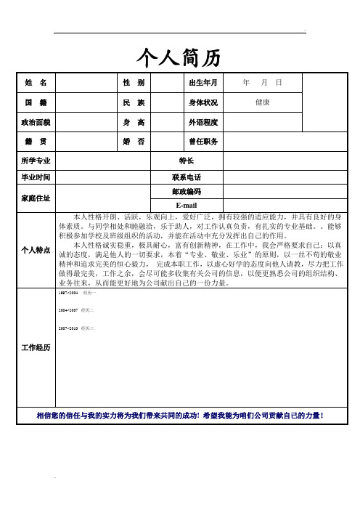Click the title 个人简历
click(x=179, y=56)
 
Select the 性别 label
click(x=134, y=83)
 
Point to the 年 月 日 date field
click(x=263, y=83)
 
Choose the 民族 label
click(x=134, y=102)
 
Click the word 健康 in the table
click(x=263, y=102)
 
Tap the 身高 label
click(x=134, y=122)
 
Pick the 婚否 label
click(x=134, y=141)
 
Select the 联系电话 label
click(x=186, y=177)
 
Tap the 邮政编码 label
click(x=186, y=191)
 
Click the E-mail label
click(x=186, y=204)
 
